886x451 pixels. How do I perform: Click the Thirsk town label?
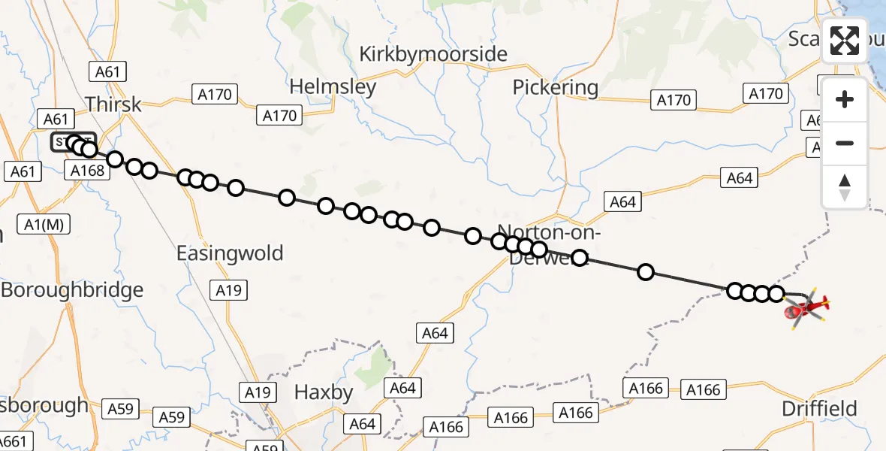click(113, 104)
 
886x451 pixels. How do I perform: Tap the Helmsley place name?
click(332, 87)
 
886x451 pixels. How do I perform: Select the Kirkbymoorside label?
click(433, 54)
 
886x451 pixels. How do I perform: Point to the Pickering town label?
click(555, 88)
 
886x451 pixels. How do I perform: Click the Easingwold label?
click(230, 253)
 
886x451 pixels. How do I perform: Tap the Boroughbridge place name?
click(71, 290)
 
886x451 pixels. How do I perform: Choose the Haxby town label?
click(323, 392)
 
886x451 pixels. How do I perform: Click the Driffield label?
click(819, 409)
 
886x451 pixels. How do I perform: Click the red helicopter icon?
click(806, 308)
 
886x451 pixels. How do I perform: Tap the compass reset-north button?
click(845, 186)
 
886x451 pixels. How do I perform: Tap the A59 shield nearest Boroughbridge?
click(120, 409)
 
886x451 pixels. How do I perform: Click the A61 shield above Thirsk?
click(107, 72)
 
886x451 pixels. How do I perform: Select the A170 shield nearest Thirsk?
click(215, 94)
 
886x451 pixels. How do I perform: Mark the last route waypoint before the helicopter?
click(776, 293)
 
